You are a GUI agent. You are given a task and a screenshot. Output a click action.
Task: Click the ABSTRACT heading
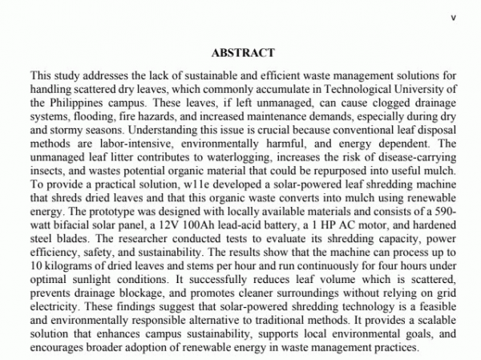point(242,53)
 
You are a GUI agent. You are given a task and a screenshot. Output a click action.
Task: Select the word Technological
point(345,91)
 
